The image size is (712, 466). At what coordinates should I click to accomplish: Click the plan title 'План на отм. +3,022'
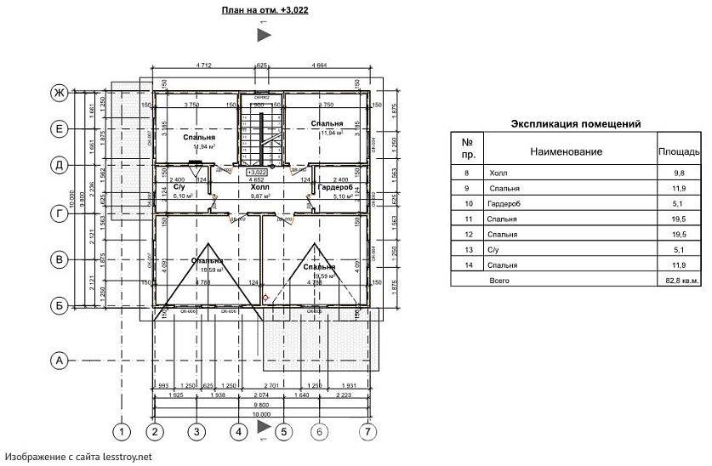264,10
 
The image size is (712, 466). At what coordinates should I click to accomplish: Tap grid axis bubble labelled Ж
59,93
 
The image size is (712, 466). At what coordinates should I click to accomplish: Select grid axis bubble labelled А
59,361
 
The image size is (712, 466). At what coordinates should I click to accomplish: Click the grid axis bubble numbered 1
122,432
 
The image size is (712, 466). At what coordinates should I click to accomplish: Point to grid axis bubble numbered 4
240,432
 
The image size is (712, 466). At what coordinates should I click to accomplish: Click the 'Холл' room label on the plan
261,185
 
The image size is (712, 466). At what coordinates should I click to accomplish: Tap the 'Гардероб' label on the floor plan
335,186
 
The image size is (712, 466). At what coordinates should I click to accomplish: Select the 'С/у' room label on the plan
179,186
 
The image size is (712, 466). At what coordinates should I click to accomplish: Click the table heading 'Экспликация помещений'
576,124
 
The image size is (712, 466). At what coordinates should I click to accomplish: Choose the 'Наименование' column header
567,151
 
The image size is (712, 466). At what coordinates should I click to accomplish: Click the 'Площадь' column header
679,151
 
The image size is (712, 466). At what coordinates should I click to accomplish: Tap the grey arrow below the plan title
264,35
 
